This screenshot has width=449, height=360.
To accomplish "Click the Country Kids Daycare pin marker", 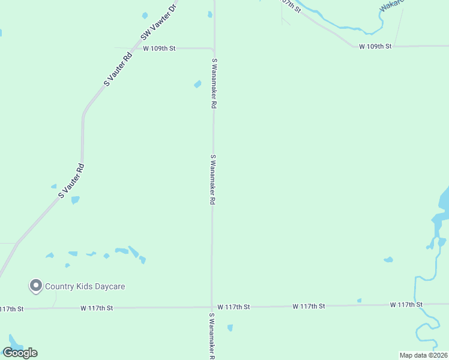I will [36, 286].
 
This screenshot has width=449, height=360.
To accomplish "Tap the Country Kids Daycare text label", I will [85, 286].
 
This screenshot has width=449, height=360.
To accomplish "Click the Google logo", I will [20, 353].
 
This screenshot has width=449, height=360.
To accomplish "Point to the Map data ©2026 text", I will [423, 355].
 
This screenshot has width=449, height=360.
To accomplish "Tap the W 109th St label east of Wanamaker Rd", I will [375, 46].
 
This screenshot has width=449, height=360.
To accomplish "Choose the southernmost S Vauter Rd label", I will [71, 181].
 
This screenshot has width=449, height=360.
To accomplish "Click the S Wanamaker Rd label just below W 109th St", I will [213, 83].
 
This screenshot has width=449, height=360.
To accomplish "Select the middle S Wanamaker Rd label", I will [212, 180].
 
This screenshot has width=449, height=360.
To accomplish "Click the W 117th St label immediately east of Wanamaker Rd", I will [234, 307].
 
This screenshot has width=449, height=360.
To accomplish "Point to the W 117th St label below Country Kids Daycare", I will [97, 308].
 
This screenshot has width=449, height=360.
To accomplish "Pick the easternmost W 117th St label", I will [406, 305].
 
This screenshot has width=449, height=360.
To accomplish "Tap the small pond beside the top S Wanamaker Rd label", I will [197, 84].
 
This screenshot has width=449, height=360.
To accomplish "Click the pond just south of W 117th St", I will [230, 328].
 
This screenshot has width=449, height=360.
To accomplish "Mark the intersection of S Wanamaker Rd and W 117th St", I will [211, 307].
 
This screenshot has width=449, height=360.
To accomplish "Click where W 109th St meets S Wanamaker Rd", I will [214, 48].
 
